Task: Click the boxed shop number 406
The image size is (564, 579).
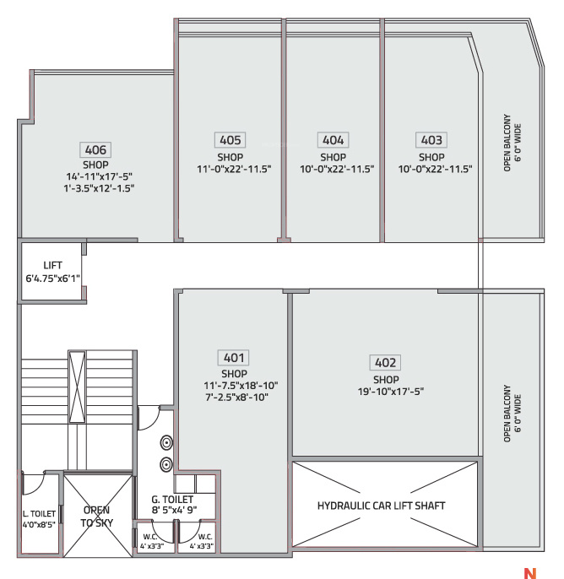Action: tap(95, 149)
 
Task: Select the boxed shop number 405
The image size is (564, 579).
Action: tap(230, 140)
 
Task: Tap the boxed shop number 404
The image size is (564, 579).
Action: tap(334, 140)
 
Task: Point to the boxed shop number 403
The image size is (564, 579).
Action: tap(431, 140)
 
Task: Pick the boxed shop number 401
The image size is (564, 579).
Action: tap(233, 358)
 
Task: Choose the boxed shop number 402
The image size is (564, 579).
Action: tap(385, 362)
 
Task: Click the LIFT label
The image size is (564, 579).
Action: tap(52, 265)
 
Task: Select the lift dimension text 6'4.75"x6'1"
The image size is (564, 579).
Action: tap(53, 278)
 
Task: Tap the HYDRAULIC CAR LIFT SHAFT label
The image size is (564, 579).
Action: tap(381, 506)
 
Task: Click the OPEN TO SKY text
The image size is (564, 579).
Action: tap(97, 517)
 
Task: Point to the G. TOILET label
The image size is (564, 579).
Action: tap(172, 500)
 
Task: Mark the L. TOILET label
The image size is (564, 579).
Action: tap(39, 514)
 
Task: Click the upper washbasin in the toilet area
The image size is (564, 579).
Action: tap(166, 442)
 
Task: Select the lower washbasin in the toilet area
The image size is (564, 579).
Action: tap(166, 464)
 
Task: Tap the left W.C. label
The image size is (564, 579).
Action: tap(150, 537)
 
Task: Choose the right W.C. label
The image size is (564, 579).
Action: tap(205, 537)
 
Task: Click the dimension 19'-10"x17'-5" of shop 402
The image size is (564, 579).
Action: tap(391, 391)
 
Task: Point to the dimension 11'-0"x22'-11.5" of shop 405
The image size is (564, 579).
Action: tap(234, 169)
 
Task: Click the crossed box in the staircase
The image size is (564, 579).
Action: tap(77, 387)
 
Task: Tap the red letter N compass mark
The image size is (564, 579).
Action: tap(530, 573)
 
